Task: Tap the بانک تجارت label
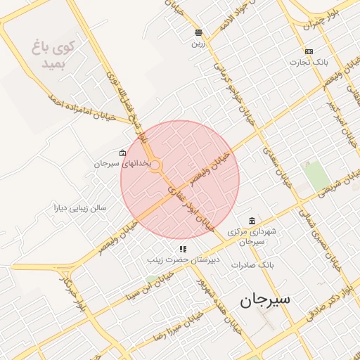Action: click(x=309, y=62)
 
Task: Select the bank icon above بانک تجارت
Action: click(x=309, y=51)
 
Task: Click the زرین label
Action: click(x=199, y=43)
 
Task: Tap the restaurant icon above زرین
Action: click(x=199, y=32)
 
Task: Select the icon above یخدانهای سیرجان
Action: click(x=123, y=153)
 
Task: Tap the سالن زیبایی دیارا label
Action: click(x=80, y=208)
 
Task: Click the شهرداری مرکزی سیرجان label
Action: click(x=252, y=236)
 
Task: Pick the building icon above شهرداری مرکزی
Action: click(x=252, y=220)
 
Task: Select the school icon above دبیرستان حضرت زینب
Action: click(x=183, y=249)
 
